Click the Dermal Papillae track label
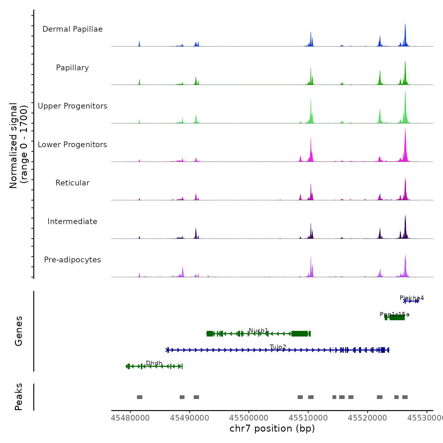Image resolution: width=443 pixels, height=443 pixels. click(x=72, y=29)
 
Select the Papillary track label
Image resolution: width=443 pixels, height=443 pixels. click(x=72, y=68)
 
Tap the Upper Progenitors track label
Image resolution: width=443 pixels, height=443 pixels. click(x=72, y=106)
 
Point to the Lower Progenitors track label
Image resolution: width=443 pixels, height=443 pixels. click(x=72, y=145)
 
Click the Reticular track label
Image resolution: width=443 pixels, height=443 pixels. click(x=72, y=183)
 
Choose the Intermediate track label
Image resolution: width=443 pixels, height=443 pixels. click(x=72, y=221)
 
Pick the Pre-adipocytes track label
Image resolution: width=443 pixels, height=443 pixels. click(x=72, y=260)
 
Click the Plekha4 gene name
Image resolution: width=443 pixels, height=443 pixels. click(x=412, y=298)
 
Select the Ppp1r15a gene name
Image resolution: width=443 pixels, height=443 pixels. click(x=395, y=315)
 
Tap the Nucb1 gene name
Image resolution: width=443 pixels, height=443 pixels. click(x=258, y=331)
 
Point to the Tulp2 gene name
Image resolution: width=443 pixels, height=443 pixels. click(x=278, y=347)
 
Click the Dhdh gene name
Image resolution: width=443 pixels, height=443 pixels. click(x=154, y=363)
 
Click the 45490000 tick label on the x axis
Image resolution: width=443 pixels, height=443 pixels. click(x=190, y=418)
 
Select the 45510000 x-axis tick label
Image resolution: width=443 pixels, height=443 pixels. click(x=308, y=418)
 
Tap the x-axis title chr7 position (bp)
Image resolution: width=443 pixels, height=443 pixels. click(x=272, y=428)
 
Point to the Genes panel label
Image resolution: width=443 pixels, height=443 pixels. click(x=19, y=331)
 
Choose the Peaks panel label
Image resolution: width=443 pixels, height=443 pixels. click(x=19, y=397)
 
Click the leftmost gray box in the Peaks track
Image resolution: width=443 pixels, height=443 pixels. click(x=140, y=397)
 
